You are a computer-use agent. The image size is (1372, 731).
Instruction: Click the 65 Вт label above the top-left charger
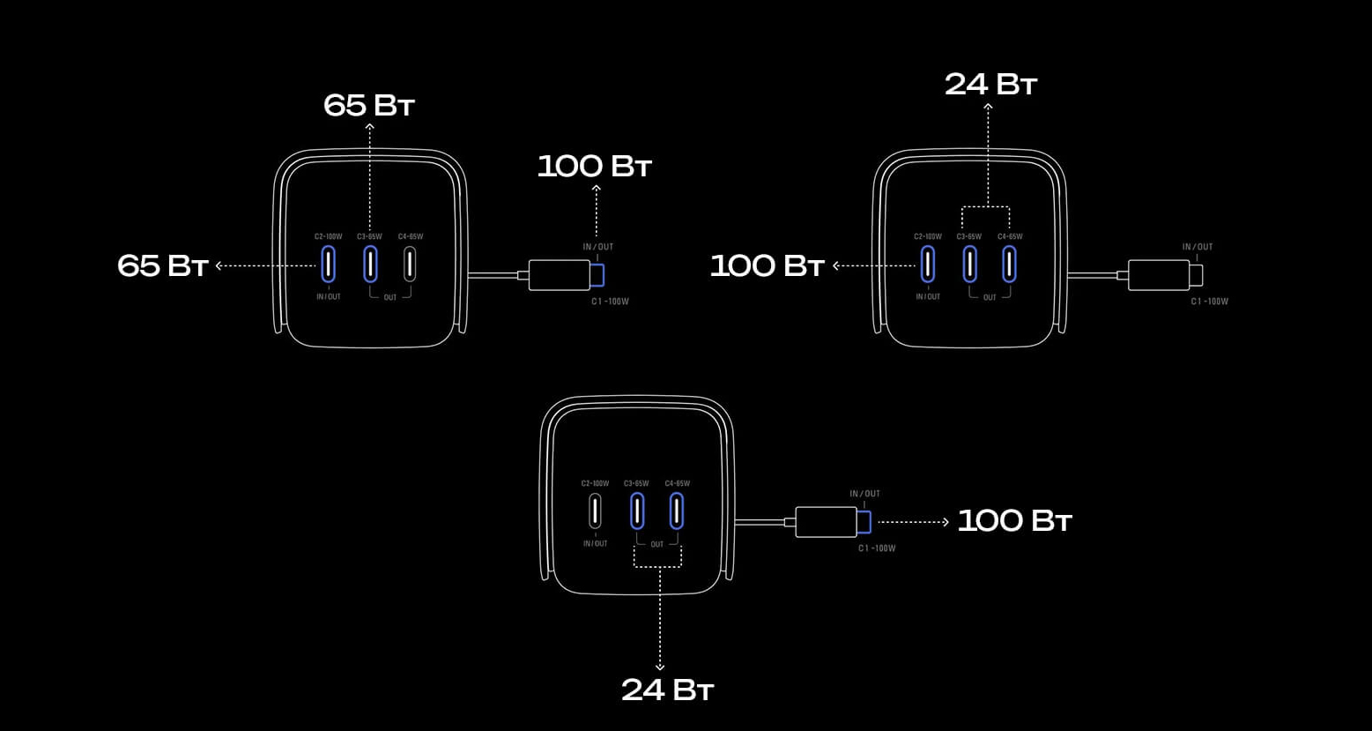pyautogui.click(x=368, y=106)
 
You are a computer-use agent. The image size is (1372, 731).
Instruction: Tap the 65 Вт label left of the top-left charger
pyautogui.click(x=163, y=266)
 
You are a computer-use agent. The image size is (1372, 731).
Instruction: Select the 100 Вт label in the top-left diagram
pyautogui.click(x=594, y=166)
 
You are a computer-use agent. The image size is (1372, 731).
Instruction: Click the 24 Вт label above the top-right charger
pyautogui.click(x=990, y=85)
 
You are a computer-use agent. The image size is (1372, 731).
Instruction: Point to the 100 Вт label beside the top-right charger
pyautogui.click(x=767, y=266)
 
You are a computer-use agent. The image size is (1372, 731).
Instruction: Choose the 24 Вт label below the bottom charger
pyautogui.click(x=668, y=690)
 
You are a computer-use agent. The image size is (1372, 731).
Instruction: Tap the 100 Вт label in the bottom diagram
pyautogui.click(x=1014, y=521)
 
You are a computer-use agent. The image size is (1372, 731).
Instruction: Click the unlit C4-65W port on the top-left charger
pyautogui.click(x=410, y=264)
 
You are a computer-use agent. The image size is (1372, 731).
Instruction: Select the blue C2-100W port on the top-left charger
pyautogui.click(x=329, y=264)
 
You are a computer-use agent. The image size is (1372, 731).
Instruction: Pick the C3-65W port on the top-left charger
pyautogui.click(x=370, y=264)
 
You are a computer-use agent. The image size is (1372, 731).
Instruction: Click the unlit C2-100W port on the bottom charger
pyautogui.click(x=595, y=511)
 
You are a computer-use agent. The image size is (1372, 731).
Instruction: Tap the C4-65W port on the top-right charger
pyautogui.click(x=1009, y=264)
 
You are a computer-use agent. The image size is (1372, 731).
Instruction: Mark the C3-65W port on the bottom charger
pyautogui.click(x=637, y=511)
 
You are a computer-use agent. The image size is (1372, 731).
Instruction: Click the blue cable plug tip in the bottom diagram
pyautogui.click(x=864, y=522)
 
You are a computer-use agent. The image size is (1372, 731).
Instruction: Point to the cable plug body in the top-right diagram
pyautogui.click(x=1158, y=275)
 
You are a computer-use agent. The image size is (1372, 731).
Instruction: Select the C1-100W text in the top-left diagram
pyautogui.click(x=610, y=302)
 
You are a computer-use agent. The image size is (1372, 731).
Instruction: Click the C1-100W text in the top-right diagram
pyautogui.click(x=1209, y=302)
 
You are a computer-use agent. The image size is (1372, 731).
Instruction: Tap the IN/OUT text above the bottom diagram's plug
pyautogui.click(x=864, y=494)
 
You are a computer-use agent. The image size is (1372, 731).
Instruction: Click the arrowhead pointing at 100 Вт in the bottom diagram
pyautogui.click(x=946, y=522)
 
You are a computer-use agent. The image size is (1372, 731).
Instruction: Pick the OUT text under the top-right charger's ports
pyautogui.click(x=990, y=297)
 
